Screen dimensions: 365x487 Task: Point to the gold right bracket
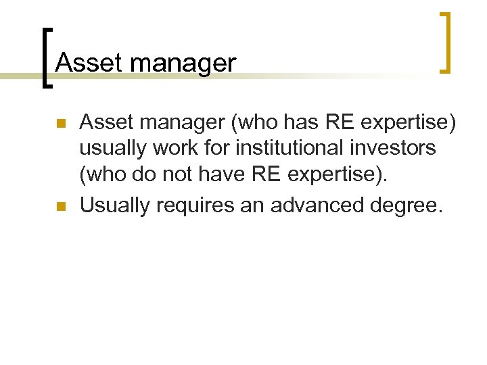tap(445, 42)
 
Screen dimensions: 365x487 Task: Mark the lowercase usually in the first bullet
tap(112, 147)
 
